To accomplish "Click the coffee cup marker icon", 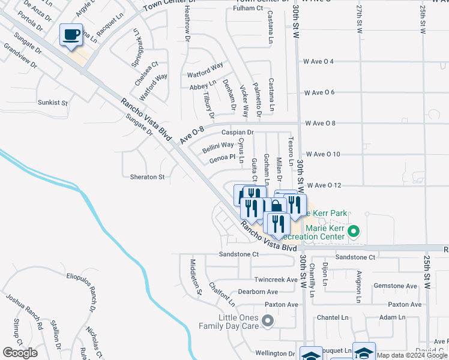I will click(71, 35).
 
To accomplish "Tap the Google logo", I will click(20, 353).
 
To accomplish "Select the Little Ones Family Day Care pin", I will click(268, 322).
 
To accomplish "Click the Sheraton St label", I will click(147, 177).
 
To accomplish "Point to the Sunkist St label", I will click(53, 103).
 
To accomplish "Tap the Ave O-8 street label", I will click(192, 134).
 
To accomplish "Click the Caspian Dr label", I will click(238, 132).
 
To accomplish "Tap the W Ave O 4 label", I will click(327, 61).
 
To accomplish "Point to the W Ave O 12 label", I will click(322, 185).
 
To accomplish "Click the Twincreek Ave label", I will click(276, 280).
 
